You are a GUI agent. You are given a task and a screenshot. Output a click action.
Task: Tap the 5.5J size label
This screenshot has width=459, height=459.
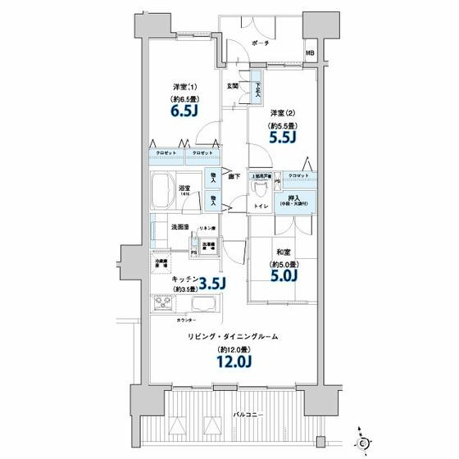click(283, 138)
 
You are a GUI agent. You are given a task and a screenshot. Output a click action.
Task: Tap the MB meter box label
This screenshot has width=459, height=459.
click(309, 54)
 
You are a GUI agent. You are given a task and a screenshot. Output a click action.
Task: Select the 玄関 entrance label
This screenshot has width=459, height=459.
click(233, 85)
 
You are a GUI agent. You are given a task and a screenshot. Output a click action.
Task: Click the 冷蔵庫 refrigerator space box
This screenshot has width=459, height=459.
click(161, 263)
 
